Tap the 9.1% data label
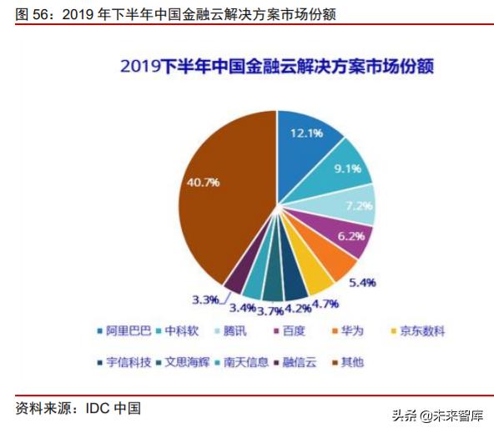tap(346, 169)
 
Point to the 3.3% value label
tap(204, 299)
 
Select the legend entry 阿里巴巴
tap(129, 331)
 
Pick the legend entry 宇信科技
tap(129, 362)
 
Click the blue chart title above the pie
tap(277, 66)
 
